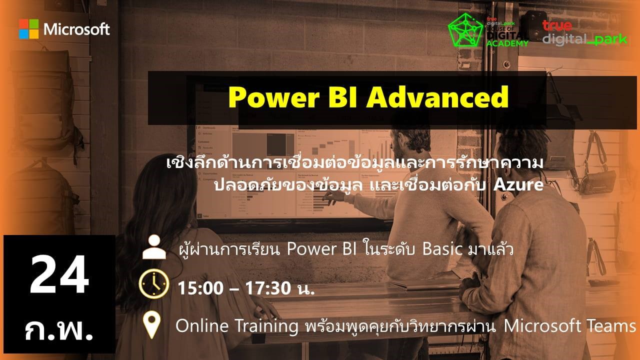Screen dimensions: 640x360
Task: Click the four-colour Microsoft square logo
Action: (29, 29)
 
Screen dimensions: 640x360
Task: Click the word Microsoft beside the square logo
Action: (76, 29)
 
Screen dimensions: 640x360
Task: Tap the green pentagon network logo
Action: (465, 30)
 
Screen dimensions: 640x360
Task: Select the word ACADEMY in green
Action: (507, 43)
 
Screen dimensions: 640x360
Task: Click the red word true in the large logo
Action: (557, 25)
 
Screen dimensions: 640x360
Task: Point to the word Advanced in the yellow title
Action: (437, 97)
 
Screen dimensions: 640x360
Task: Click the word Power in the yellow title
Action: (273, 97)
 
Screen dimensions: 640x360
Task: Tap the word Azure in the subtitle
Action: (518, 184)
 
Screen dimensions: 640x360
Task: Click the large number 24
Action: (59, 274)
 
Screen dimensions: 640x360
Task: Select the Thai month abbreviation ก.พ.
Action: (59, 329)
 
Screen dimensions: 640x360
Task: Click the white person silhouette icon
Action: (154, 247)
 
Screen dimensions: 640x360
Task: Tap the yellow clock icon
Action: (154, 283)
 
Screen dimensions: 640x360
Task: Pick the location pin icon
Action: (151, 325)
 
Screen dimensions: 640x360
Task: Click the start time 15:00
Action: (200, 288)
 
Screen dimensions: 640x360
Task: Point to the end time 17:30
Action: (268, 288)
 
